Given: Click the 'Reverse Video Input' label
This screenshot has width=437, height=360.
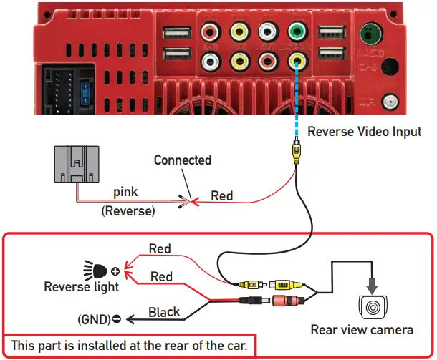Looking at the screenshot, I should pos(364,132).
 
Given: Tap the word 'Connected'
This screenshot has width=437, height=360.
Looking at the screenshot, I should pos(183,160).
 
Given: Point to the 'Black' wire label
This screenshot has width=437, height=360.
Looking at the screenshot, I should pos(164,312).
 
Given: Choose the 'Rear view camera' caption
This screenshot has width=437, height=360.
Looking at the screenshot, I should pos(362,330).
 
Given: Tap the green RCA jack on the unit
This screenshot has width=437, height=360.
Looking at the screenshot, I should pos(294,32).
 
